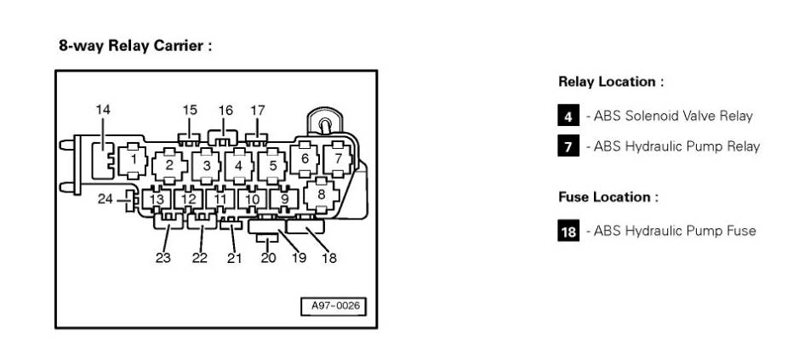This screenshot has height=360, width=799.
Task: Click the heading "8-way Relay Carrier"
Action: [134, 46]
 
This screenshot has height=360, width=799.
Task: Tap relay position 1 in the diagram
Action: [134, 160]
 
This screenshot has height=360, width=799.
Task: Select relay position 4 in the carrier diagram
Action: [239, 164]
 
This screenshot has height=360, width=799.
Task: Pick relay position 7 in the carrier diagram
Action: [338, 158]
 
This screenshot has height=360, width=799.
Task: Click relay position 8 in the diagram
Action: [321, 194]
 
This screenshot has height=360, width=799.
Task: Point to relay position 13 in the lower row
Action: [157, 200]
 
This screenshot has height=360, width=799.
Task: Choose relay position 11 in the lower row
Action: [220, 200]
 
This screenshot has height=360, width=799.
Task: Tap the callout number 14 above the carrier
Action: [103, 110]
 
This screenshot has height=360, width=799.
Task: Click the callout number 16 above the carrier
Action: [225, 111]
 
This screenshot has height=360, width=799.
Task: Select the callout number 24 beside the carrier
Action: [105, 200]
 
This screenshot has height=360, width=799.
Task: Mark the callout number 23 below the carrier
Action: [163, 258]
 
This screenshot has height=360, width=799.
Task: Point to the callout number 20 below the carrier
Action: [269, 258]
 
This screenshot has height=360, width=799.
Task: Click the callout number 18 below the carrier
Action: [328, 258]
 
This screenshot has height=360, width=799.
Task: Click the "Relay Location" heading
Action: [610, 83]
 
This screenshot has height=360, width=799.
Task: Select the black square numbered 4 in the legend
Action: [568, 117]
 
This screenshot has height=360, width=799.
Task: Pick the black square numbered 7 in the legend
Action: [568, 146]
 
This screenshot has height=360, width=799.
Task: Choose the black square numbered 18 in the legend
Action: [568, 231]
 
